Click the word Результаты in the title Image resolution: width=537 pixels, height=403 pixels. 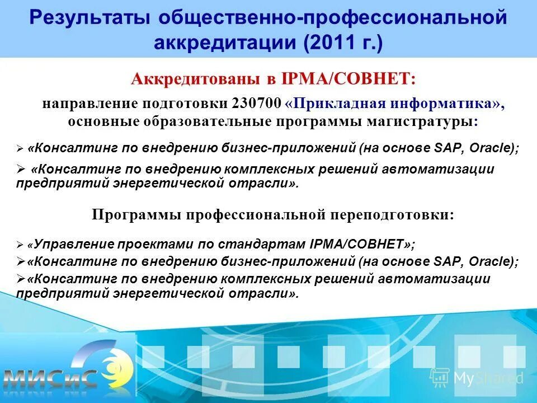point(89,18)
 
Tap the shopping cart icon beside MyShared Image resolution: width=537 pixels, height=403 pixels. point(440,377)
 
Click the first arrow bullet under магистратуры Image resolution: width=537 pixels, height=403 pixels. point(20,149)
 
